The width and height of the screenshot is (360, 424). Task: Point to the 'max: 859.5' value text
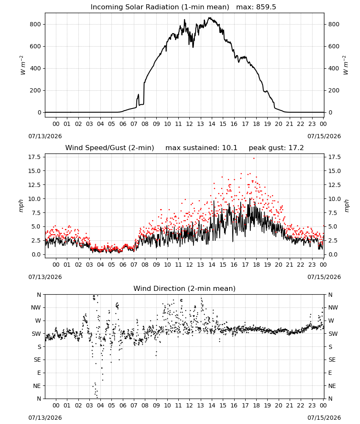pyautogui.click(x=256, y=7)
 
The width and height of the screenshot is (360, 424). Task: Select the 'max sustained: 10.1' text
pyautogui.click(x=201, y=148)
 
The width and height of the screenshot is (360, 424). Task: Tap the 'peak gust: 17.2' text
pyautogui.click(x=276, y=148)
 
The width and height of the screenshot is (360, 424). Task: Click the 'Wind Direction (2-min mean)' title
pyautogui.click(x=185, y=288)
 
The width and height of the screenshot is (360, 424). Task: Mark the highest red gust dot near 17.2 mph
pyautogui.click(x=254, y=159)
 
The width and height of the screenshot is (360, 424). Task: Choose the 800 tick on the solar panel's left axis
pyautogui.click(x=36, y=24)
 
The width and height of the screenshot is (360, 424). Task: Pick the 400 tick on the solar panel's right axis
pyautogui.click(x=334, y=68)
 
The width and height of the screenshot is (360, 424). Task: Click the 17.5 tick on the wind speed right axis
pyautogui.click(x=334, y=157)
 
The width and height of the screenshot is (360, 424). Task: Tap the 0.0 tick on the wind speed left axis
pyautogui.click(x=36, y=254)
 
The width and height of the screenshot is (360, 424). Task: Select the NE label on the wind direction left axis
pyautogui.click(x=37, y=386)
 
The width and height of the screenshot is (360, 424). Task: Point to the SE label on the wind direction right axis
pyautogui.click(x=332, y=360)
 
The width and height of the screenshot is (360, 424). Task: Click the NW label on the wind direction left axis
pyautogui.click(x=36, y=307)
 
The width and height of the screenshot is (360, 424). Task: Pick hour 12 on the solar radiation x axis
pyautogui.click(x=190, y=124)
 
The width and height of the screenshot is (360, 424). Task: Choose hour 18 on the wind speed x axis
pyautogui.click(x=256, y=265)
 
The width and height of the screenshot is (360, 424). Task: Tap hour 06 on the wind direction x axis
pyautogui.click(x=123, y=405)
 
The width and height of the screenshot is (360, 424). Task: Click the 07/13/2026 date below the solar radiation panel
pyautogui.click(x=45, y=136)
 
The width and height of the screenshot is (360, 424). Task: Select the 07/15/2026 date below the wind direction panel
pyautogui.click(x=324, y=418)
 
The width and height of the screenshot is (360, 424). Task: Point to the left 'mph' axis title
pyautogui.click(x=21, y=206)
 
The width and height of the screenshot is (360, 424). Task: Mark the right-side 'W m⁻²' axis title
pyautogui.click(x=346, y=65)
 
